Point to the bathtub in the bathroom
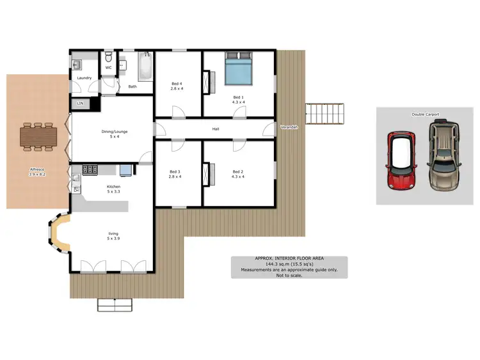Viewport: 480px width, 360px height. point(145,67)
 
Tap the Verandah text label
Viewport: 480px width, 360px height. point(289,128)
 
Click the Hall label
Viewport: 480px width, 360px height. point(216,129)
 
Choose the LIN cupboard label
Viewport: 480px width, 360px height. point(80,103)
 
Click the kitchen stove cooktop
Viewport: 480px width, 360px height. point(90,169)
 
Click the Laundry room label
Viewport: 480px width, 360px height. point(84,78)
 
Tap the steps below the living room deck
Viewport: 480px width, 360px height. point(115,304)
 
